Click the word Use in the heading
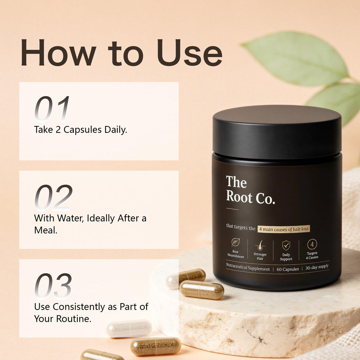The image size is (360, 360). pyautogui.click(x=190, y=53)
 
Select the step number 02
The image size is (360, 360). pyautogui.click(x=54, y=197)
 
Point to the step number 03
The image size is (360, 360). pyautogui.click(x=53, y=286)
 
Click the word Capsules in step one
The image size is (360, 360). pyautogui.click(x=82, y=130)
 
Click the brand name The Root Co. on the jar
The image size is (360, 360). pyautogui.click(x=251, y=190)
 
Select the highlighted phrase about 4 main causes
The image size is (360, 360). pyautogui.click(x=284, y=229)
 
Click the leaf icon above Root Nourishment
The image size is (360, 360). pyautogui.click(x=235, y=242)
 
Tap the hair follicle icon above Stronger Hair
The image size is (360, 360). pyautogui.click(x=260, y=245)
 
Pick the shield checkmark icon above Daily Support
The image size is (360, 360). pyautogui.click(x=286, y=246)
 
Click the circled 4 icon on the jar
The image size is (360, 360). pyautogui.click(x=312, y=244)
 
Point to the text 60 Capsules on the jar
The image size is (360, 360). pyautogui.click(x=288, y=269)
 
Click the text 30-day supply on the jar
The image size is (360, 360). pyautogui.click(x=317, y=267)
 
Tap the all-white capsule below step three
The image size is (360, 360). pyautogui.click(x=129, y=328)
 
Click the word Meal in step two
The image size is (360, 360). pyautogui.click(x=46, y=230)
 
